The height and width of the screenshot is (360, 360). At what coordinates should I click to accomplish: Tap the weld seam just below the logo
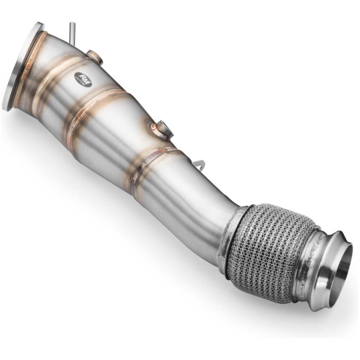97,104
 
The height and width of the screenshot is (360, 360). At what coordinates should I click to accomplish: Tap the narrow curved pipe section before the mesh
202,205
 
